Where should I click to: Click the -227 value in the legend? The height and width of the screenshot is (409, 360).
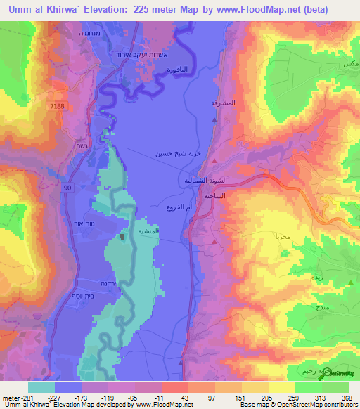click(x=56, y=397)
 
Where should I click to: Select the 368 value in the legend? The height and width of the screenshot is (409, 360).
click(x=347, y=397)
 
